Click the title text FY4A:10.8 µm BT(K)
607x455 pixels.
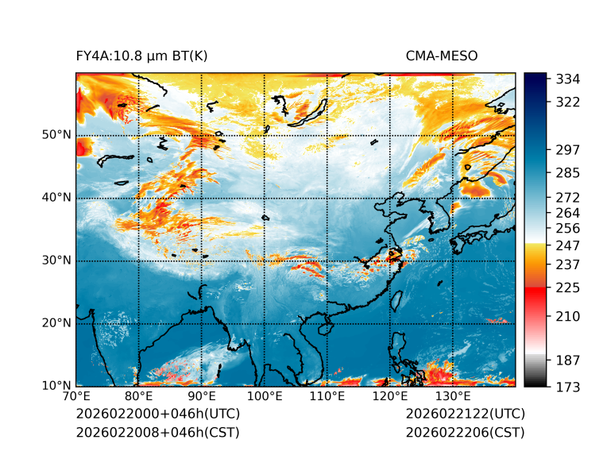tap(141, 56)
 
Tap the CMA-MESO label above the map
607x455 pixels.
tap(442, 56)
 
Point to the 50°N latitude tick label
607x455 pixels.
tap(56, 135)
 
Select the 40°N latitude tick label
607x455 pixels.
tap(56, 198)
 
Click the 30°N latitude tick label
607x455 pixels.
tap(56, 260)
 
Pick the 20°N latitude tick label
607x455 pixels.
tap(56, 323)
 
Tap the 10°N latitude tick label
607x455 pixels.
tap(56, 386)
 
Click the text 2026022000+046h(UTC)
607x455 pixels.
tap(157, 415)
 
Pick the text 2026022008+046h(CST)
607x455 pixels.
tap(157, 433)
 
